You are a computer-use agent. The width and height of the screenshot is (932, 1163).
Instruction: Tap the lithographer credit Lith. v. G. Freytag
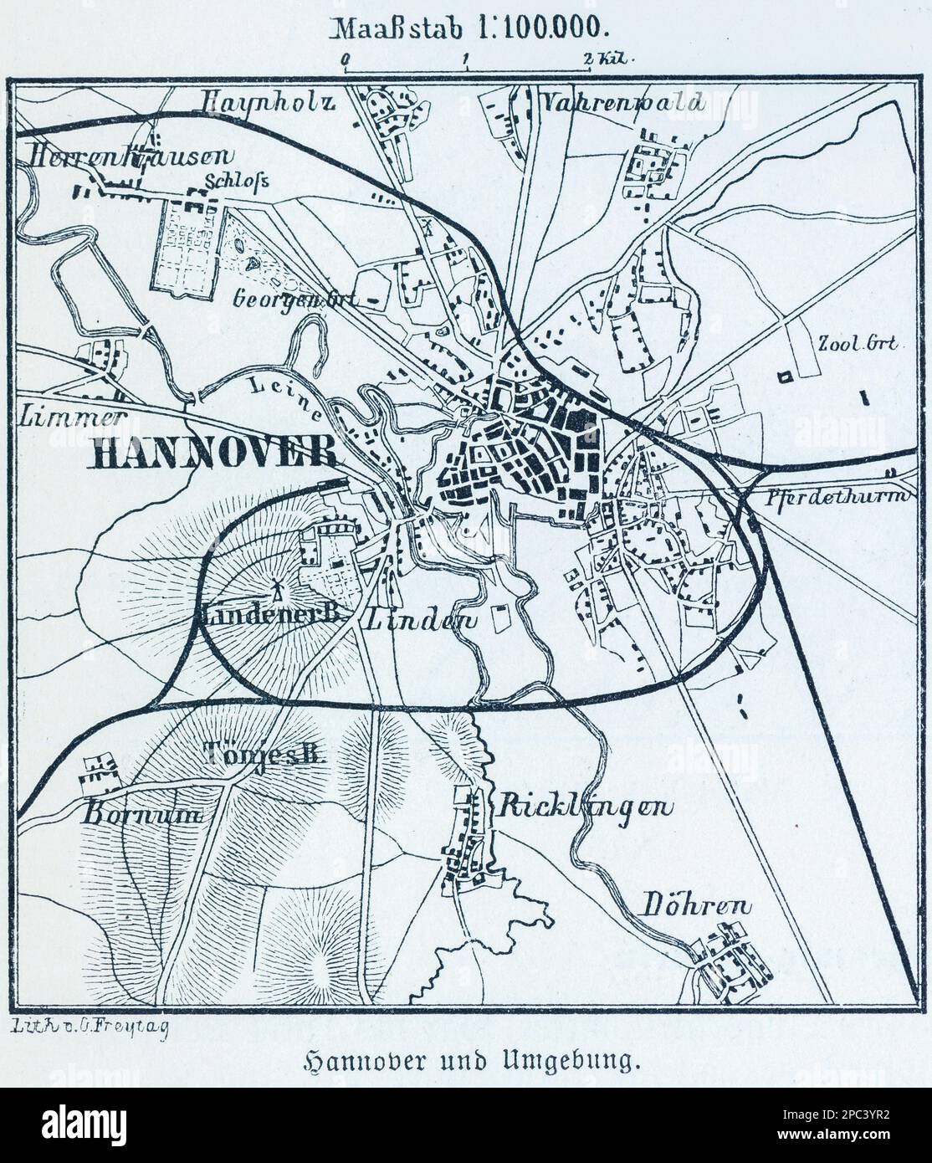coord(92,1028)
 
